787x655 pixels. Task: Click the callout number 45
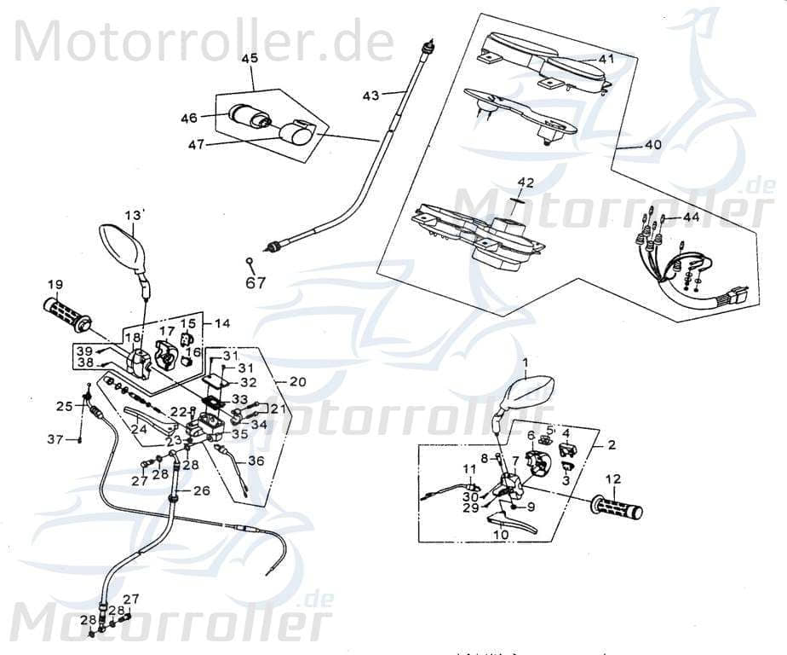[250, 59]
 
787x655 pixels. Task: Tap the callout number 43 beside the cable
[371, 96]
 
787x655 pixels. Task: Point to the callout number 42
[526, 183]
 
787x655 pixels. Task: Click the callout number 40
[652, 145]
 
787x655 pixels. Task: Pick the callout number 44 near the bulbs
[690, 217]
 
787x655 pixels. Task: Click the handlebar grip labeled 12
[618, 510]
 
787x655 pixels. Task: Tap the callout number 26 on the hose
[201, 491]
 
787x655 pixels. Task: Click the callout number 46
[188, 118]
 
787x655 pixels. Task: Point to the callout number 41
[606, 60]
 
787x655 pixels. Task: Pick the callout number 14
[222, 324]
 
